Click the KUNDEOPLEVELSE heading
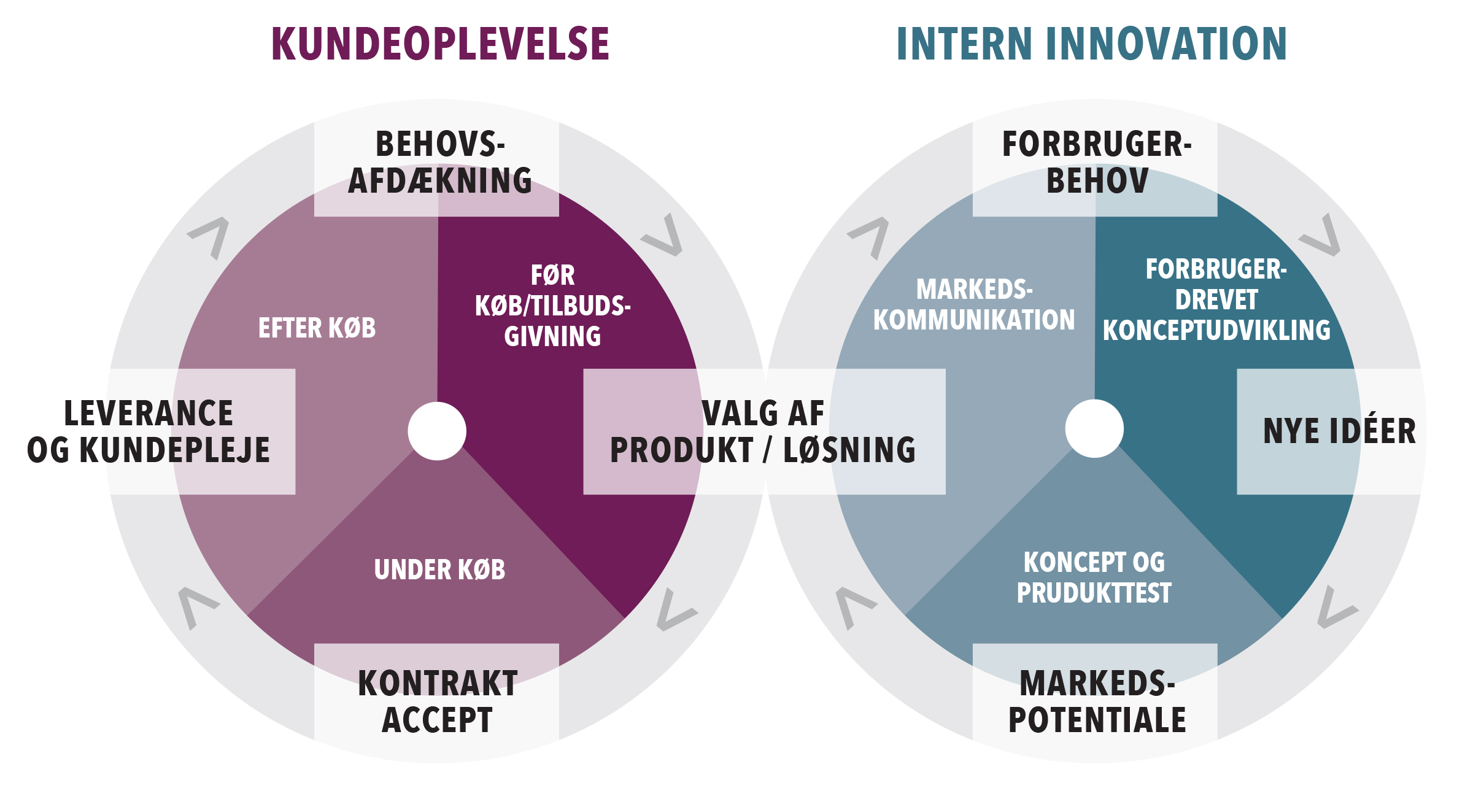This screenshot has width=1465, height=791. point(440,44)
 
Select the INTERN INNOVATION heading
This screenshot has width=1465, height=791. point(1091,44)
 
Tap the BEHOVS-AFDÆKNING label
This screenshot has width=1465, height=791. point(439,163)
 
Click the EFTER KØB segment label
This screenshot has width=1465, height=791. point(317,328)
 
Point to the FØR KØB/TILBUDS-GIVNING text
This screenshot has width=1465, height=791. point(552,306)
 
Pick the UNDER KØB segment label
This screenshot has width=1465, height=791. point(439,570)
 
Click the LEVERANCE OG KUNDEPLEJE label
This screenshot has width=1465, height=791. point(149,431)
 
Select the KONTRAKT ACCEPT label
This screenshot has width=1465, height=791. point(438,701)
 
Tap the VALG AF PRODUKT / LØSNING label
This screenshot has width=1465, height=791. point(763,431)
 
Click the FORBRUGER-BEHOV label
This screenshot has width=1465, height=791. point(1097,163)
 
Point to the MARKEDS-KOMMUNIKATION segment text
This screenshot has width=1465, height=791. point(974,305)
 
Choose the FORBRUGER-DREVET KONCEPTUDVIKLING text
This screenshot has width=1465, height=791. point(1216,300)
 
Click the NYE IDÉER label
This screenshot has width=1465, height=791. point(1339,431)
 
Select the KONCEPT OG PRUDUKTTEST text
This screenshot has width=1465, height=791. point(1094,577)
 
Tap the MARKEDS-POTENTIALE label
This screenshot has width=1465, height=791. point(1097,701)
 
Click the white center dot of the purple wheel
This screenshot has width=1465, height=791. point(437,431)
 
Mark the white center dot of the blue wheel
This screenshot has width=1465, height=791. point(1094,428)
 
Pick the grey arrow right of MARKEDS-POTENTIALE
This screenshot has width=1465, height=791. point(1336,608)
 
